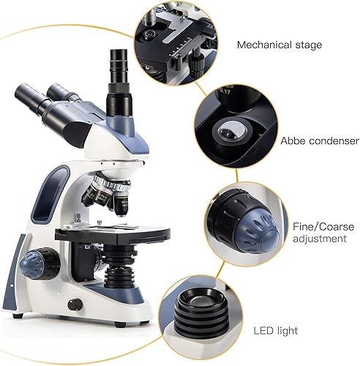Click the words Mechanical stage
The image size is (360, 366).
(279, 45)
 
